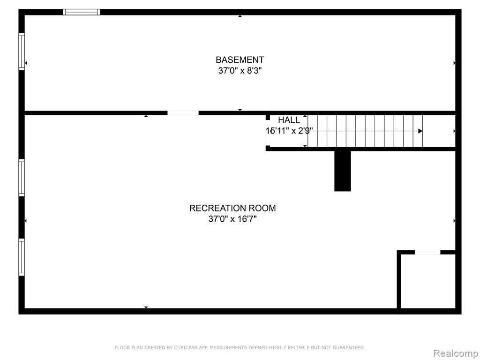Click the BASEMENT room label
(240, 60)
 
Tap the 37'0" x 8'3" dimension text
(240, 71)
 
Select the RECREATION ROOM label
(232, 208)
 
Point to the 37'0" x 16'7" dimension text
(232, 219)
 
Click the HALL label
(289, 120)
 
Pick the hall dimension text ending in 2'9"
(289, 131)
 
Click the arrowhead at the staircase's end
(420, 131)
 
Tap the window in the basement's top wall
(82, 12)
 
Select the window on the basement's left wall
(22, 52)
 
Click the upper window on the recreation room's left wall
(22, 178)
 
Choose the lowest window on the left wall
(22, 257)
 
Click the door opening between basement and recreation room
(183, 113)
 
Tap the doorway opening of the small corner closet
(427, 252)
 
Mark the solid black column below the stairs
(343, 171)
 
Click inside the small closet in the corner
(428, 281)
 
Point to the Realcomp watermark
(456, 353)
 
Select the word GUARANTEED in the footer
(349, 347)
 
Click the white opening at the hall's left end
(268, 133)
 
